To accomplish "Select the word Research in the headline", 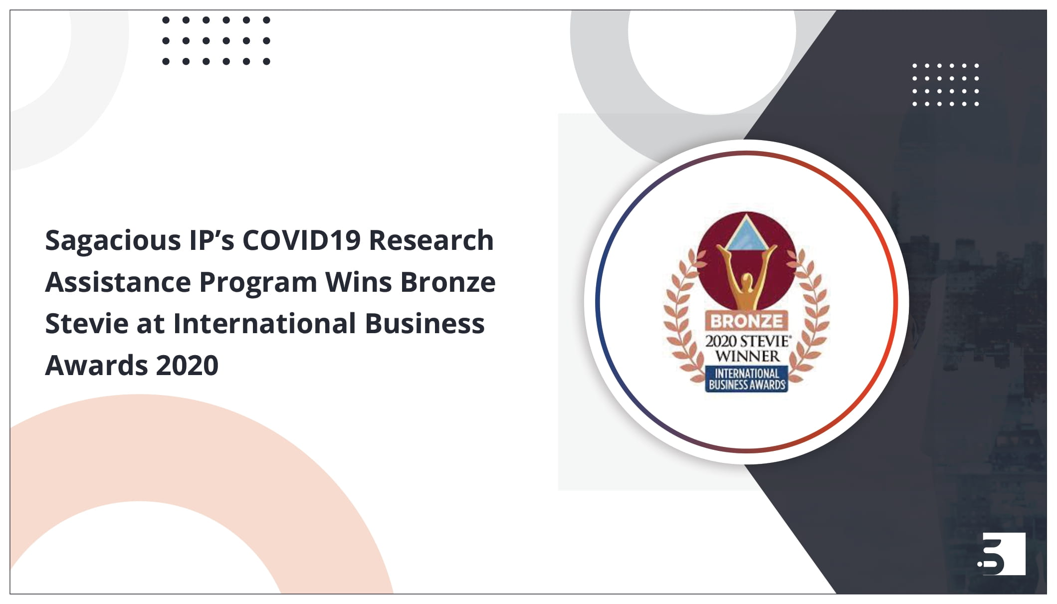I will click(x=431, y=240).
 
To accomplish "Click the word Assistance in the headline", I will click(x=118, y=282).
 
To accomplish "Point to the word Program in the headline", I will click(x=258, y=283).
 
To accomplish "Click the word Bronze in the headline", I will click(x=447, y=282).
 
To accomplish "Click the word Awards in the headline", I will click(x=96, y=365).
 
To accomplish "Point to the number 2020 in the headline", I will click(x=187, y=365).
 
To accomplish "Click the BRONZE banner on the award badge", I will click(x=746, y=321).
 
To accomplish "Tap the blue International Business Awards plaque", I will click(x=747, y=379).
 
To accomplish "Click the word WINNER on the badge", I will click(x=747, y=356).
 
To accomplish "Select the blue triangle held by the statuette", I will click(x=746, y=234).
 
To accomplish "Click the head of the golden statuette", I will click(x=747, y=281).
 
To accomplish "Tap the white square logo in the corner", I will click(x=1003, y=554).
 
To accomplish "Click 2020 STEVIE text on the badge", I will click(x=747, y=342).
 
